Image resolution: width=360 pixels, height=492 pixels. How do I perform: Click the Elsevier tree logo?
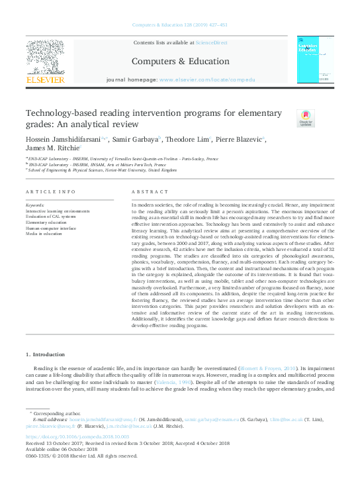pyautogui.click(x=45, y=58)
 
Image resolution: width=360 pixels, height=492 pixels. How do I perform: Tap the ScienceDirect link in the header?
pyautogui.click(x=210, y=42)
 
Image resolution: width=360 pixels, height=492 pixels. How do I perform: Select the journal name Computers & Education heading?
pyautogui.click(x=180, y=61)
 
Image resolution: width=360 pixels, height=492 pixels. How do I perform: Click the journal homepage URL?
pyautogui.click(x=206, y=79)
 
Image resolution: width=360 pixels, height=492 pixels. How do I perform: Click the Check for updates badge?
pyautogui.click(x=305, y=119)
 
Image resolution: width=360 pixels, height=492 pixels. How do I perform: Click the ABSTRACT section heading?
pyautogui.click(x=147, y=191)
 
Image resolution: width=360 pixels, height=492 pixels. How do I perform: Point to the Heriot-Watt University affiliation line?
pyautogui.click(x=103, y=170)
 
